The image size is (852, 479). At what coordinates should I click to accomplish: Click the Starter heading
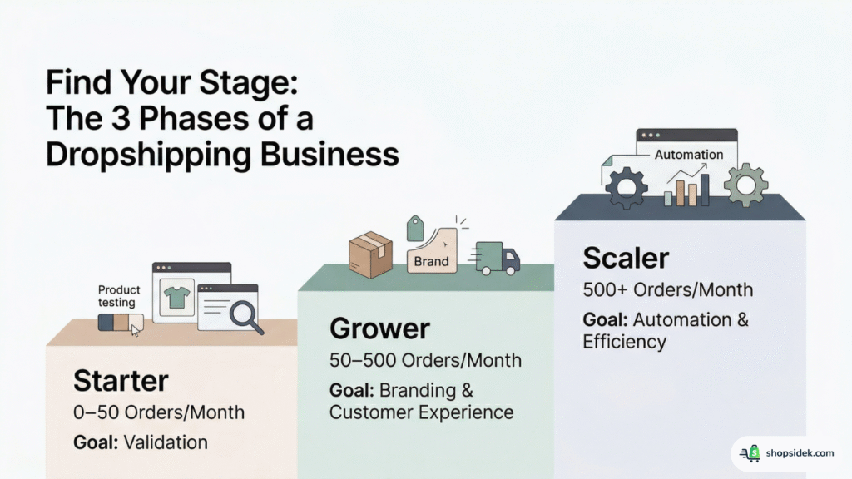(121, 381)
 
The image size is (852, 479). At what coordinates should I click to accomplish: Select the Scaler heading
(625, 258)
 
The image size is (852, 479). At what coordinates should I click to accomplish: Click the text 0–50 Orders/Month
(159, 412)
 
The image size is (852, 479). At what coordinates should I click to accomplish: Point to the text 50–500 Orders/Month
(425, 360)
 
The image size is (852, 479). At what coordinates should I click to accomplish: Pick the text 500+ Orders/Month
(667, 290)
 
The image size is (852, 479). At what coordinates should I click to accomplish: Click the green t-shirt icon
(177, 296)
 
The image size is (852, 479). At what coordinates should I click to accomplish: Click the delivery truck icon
(498, 259)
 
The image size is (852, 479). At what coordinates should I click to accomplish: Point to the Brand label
(431, 260)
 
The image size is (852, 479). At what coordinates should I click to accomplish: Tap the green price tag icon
(415, 228)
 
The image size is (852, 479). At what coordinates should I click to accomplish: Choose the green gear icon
(745, 185)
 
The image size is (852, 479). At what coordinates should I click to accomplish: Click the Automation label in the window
(689, 155)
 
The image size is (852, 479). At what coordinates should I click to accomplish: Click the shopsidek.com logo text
(800, 453)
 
